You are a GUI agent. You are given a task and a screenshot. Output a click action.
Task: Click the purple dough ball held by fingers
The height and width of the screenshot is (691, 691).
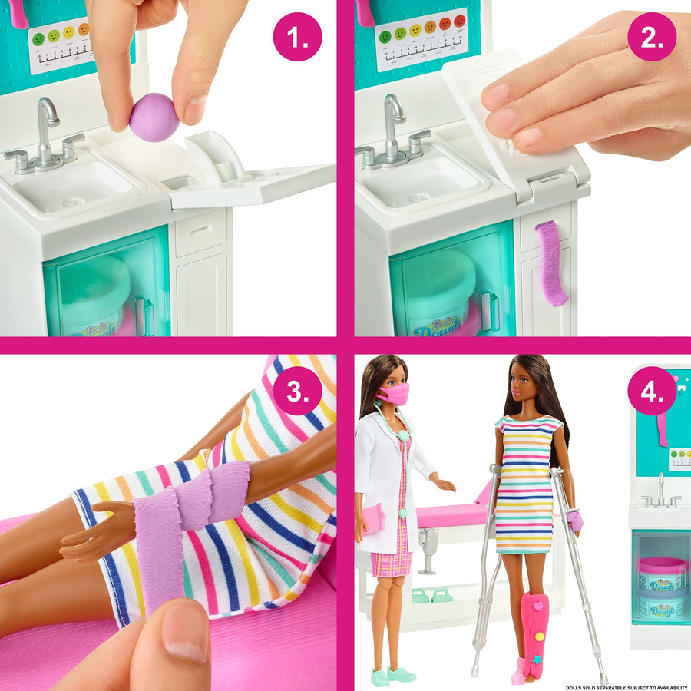pos(154,117)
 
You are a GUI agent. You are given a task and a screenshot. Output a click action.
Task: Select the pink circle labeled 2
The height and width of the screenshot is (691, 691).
pos(652,36)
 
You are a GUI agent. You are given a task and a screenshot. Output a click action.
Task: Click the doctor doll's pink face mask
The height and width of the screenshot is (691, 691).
pos(392,394)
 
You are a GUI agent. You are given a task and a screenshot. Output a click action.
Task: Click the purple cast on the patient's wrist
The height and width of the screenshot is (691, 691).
pos(574,522)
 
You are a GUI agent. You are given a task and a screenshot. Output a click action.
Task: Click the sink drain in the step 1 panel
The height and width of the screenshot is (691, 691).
pos(73,202)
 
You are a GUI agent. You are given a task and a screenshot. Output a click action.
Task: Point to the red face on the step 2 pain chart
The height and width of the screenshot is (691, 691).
pos(460,21)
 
